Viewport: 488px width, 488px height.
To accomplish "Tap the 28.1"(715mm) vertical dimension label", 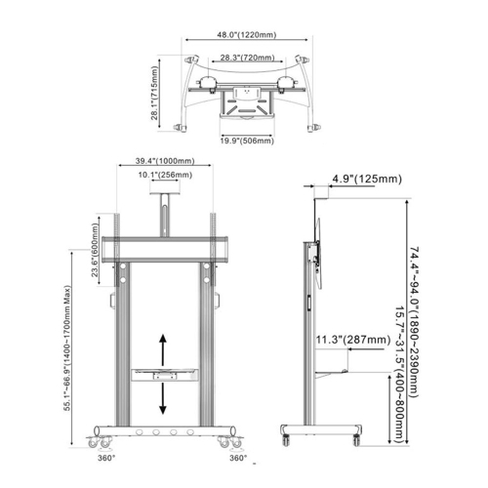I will pyautogui.click(x=154, y=93).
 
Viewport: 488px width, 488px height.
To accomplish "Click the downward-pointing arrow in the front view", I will pyautogui.click(x=164, y=398).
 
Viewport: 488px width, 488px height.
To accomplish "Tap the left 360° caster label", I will pyautogui.click(x=106, y=456).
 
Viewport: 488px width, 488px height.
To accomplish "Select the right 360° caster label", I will pyautogui.click(x=237, y=456).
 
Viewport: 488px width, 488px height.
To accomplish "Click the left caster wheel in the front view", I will pyautogui.click(x=103, y=433).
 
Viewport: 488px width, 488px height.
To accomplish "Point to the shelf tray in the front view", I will pyautogui.click(x=164, y=374).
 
